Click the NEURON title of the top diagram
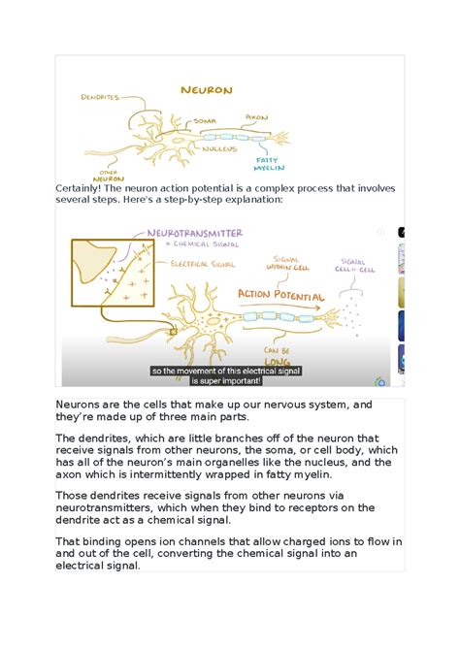pyautogui.click(x=207, y=90)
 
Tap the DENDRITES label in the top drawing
pyautogui.click(x=100, y=98)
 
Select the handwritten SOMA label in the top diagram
pyautogui.click(x=205, y=120)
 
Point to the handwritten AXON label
pyautogui.click(x=256, y=117)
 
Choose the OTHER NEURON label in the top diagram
pyautogui.click(x=107, y=175)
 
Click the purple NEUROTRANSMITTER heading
pyautogui.click(x=193, y=233)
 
